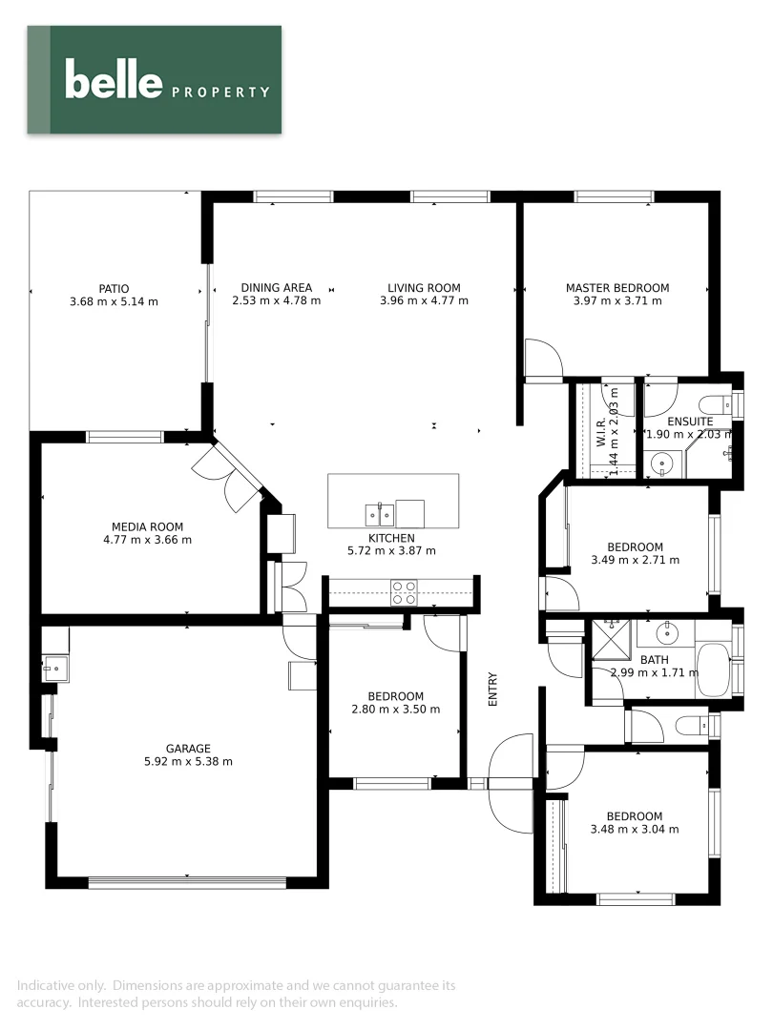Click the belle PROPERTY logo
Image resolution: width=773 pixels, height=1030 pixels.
click(166, 79)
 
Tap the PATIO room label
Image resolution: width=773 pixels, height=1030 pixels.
click(113, 288)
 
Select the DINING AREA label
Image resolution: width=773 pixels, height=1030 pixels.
click(276, 288)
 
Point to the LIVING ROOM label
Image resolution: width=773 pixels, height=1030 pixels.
click(424, 288)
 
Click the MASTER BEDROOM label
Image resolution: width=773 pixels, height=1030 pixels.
click(616, 288)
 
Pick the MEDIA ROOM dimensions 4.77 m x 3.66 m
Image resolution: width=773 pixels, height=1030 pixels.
click(147, 540)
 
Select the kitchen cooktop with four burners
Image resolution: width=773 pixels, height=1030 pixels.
click(404, 593)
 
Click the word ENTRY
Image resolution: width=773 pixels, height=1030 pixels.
click(493, 690)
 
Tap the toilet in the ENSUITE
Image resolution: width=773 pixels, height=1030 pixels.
click(714, 403)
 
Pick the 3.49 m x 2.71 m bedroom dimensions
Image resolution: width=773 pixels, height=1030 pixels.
click(635, 561)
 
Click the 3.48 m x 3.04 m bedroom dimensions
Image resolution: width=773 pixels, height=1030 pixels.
click(635, 830)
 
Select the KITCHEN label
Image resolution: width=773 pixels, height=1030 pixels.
click(391, 538)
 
